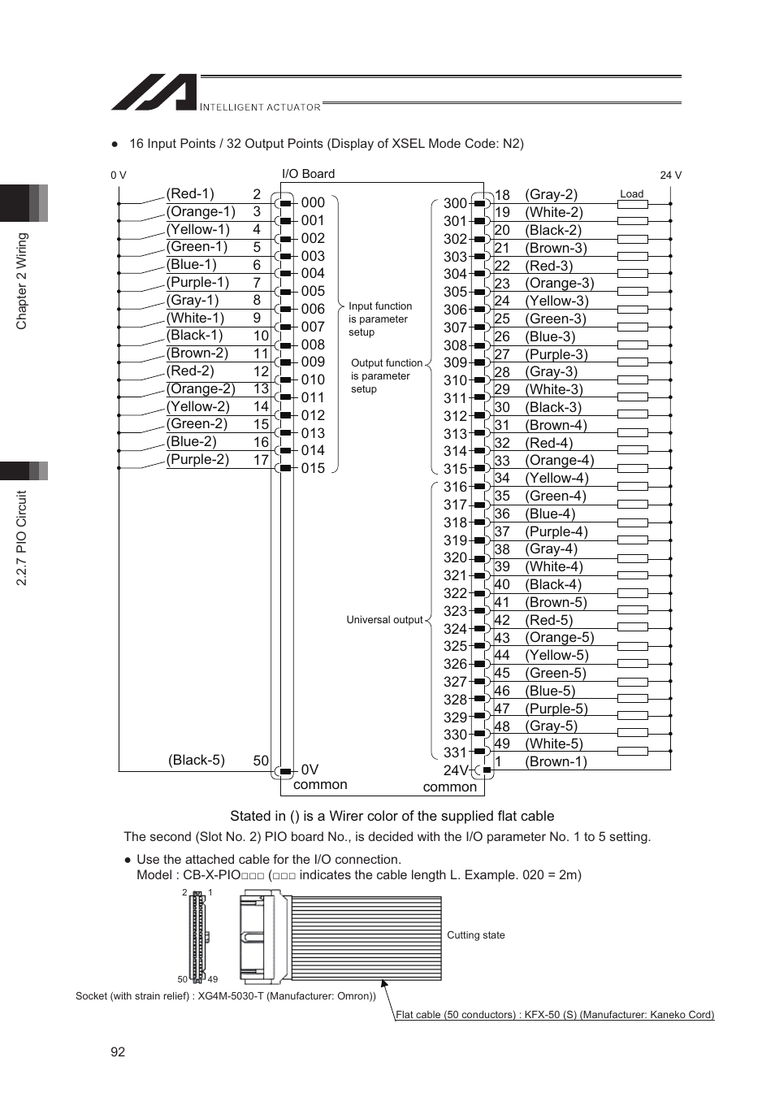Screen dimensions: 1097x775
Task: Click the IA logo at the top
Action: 154,93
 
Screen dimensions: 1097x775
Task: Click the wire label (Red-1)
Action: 190,193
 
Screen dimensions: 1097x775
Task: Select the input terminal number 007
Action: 313,327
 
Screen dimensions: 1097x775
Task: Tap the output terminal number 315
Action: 455,469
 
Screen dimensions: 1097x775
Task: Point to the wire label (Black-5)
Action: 197,760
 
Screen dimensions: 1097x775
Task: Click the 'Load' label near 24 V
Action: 631,194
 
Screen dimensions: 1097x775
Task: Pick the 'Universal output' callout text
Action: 384,620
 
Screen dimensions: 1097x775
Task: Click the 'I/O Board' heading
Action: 308,174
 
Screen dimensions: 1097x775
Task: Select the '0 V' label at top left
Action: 119,176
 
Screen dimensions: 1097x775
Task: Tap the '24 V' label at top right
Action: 670,176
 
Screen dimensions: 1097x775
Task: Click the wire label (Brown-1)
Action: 556,761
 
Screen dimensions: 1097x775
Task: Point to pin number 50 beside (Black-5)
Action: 260,761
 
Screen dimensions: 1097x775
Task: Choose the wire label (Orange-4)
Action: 559,460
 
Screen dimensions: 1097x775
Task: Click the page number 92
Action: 118,1051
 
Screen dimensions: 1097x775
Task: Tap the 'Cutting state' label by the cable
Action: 475,935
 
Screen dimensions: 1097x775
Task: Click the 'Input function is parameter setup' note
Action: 379,319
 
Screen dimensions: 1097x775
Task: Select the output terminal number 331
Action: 455,752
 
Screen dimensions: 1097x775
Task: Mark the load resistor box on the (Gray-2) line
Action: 632,204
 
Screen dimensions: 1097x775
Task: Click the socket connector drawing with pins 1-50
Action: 198,936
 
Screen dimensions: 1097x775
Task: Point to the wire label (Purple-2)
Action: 197,459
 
